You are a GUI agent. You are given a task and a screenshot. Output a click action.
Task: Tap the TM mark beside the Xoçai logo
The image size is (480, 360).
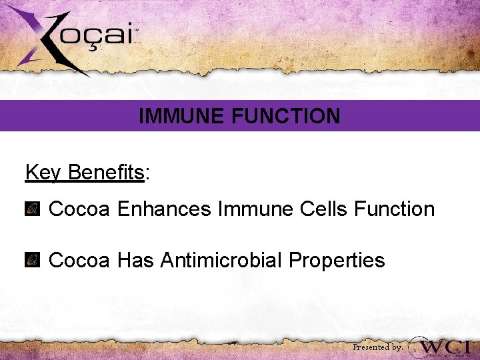tap(137, 31)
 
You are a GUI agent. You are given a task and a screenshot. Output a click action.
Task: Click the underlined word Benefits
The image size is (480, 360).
tap(107, 173)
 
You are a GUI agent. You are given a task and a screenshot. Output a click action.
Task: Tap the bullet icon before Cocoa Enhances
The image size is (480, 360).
tap(32, 209)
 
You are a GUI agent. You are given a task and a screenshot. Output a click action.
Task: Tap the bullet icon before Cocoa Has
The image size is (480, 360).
tap(32, 260)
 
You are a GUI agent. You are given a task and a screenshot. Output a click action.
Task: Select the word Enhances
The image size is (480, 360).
tap(165, 209)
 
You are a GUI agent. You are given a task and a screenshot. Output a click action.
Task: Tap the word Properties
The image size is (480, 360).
tap(340, 259)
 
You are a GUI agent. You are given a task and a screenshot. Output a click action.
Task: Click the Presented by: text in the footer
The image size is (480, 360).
tap(377, 347)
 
